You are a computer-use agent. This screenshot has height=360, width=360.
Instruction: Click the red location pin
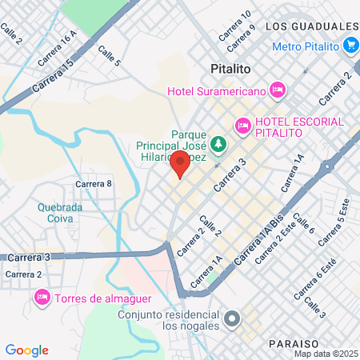179,165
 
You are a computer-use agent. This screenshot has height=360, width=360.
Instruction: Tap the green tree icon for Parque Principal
218,145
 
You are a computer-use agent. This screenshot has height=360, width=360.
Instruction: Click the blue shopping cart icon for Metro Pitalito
350,46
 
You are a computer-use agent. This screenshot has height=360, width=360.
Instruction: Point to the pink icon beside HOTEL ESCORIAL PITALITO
242,125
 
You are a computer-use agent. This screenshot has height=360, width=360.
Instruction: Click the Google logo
27,350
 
